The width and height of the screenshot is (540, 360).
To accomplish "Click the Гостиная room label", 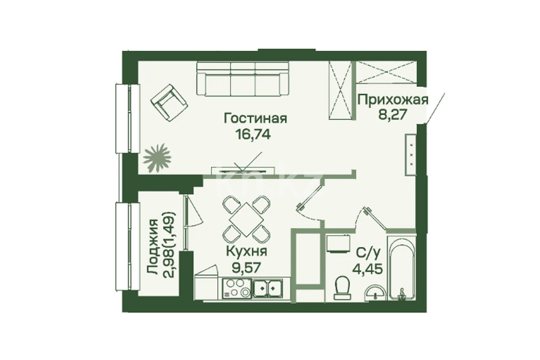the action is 255,118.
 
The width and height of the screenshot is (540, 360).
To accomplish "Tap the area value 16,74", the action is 253,134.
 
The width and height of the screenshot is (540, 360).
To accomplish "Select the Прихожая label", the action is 393,100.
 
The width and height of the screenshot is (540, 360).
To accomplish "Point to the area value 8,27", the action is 393,114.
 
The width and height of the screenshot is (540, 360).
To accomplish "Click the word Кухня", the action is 246,251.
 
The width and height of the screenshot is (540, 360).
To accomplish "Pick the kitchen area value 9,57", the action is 246,267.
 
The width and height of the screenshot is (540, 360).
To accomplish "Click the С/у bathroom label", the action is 367,253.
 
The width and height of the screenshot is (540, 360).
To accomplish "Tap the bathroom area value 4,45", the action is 367,268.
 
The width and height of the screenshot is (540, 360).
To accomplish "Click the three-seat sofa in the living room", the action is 243,79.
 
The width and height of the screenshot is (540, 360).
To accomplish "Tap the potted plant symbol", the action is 157,157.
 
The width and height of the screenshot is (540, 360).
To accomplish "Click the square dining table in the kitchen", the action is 246,219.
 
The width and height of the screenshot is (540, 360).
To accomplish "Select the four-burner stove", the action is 237,288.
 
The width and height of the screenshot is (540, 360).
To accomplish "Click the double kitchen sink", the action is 267,288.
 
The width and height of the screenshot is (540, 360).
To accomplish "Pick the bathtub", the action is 401,268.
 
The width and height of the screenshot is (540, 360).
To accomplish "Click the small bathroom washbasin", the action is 376,292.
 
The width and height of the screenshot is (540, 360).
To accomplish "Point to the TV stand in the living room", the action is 243,170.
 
